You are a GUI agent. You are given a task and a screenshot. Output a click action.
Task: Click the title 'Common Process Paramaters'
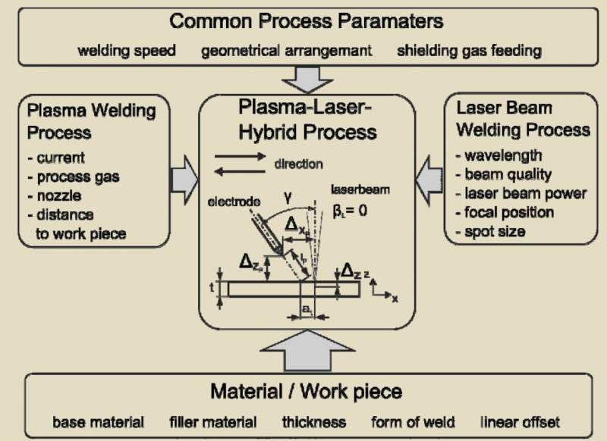click(x=307, y=20)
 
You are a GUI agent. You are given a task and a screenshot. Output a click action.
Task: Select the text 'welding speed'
click(x=127, y=51)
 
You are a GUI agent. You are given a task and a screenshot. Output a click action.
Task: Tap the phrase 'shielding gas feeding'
click(x=469, y=51)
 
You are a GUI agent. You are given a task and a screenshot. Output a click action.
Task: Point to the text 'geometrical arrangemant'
click(x=286, y=51)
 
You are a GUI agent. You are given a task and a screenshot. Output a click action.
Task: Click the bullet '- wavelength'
click(x=498, y=155)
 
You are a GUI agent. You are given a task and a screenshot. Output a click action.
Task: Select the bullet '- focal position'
click(x=505, y=211)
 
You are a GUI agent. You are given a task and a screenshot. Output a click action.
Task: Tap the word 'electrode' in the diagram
click(x=231, y=203)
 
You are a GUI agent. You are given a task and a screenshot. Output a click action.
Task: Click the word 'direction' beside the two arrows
click(x=297, y=164)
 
